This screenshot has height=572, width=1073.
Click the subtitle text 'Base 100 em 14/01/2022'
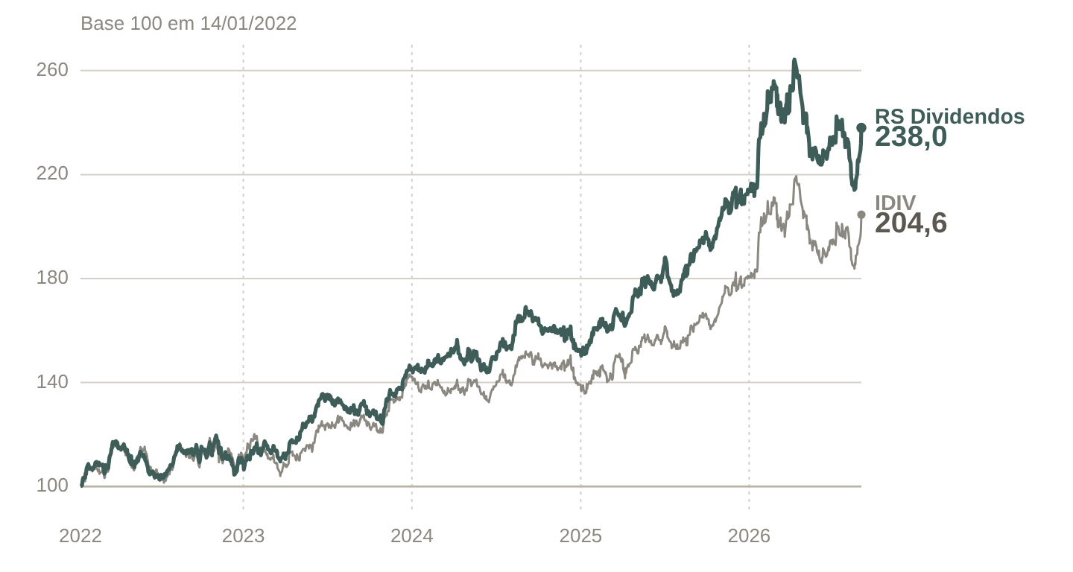[189, 23]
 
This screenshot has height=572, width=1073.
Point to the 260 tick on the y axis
[52, 70]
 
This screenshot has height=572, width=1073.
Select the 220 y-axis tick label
[52, 174]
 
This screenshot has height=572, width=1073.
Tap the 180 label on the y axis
[52, 278]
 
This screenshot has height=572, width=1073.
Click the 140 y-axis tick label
[52, 382]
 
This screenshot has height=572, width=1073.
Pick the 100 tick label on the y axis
[52, 486]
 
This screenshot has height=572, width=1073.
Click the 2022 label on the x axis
[80, 536]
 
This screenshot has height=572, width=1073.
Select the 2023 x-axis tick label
[244, 536]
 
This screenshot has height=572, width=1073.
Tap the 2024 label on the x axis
[412, 536]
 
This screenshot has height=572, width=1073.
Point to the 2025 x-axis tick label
[580, 536]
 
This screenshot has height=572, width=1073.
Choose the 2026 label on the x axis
[749, 536]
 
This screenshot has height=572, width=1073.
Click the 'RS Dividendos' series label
[949, 116]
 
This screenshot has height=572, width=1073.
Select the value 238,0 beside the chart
[911, 137]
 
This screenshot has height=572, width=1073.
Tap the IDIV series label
[896, 203]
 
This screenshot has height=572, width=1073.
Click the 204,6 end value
[911, 223]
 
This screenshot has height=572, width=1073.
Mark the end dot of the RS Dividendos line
[861, 128]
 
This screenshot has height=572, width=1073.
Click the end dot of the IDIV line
[861, 215]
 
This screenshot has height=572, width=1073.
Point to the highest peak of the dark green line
[794, 60]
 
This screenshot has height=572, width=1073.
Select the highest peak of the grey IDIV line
[796, 177]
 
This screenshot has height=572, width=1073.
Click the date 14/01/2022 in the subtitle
[248, 23]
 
